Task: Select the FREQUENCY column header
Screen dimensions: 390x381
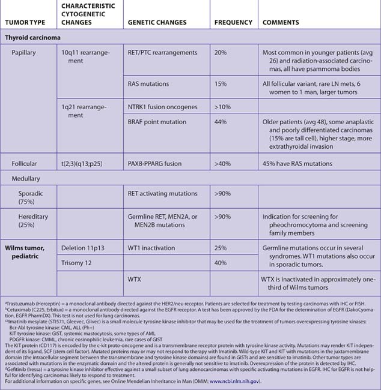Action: pyautogui.click(x=233, y=23)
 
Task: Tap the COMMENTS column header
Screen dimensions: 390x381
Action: pyautogui.click(x=282, y=23)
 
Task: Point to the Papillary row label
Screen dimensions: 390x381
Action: pyautogui.click(x=24, y=53)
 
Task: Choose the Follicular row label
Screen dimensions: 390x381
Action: pyautogui.click(x=25, y=163)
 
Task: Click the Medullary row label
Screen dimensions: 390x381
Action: pyautogui.click(x=26, y=179)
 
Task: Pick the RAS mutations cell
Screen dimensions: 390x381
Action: pyautogui.click(x=150, y=84)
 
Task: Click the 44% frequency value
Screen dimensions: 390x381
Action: pyautogui.click(x=221, y=122)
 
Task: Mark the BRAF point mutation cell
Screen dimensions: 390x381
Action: pyautogui.click(x=157, y=122)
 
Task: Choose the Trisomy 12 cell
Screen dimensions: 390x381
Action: pyautogui.click(x=80, y=263)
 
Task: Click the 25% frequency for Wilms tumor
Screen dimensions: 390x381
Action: pyautogui.click(x=221, y=247)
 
